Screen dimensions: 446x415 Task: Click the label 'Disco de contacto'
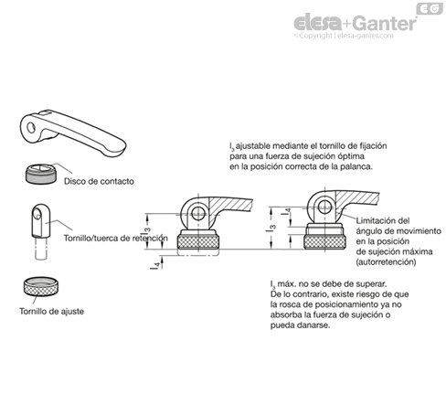pyautogui.click(x=99, y=181)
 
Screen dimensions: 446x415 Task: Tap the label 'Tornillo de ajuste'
pyautogui.click(x=51, y=311)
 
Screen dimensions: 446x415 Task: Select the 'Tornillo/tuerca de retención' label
pyautogui.click(x=115, y=238)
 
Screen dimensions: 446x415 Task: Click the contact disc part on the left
pyautogui.click(x=41, y=174)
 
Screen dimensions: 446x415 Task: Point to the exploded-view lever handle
pyautogui.click(x=73, y=133)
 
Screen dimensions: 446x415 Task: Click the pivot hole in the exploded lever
pyautogui.click(x=31, y=128)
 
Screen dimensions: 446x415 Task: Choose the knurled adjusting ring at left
pyautogui.click(x=41, y=287)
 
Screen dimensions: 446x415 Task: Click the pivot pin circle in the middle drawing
pyautogui.click(x=198, y=213)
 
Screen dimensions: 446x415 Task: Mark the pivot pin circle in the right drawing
pyautogui.click(x=324, y=207)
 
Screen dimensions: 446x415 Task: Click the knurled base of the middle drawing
pyautogui.click(x=198, y=242)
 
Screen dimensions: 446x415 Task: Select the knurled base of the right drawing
pyautogui.click(x=324, y=242)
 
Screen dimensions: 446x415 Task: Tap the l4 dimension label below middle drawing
pyautogui.click(x=155, y=265)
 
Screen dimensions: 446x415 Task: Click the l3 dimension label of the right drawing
pyautogui.click(x=271, y=227)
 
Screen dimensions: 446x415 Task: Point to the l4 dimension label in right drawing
pyautogui.click(x=286, y=211)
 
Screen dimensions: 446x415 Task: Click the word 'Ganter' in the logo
pyautogui.click(x=385, y=23)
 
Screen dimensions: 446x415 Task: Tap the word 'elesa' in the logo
pyautogui.click(x=317, y=23)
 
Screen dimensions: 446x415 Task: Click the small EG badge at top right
pyautogui.click(x=430, y=9)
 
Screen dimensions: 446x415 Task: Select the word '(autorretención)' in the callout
pyautogui.click(x=386, y=261)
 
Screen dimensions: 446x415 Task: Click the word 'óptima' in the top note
pyautogui.click(x=351, y=156)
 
